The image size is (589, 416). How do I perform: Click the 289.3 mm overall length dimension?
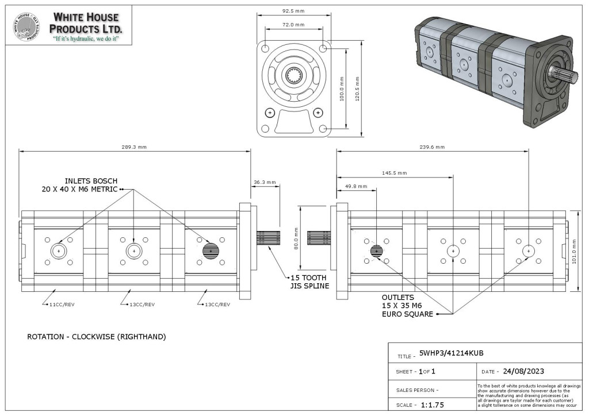tap(134, 147)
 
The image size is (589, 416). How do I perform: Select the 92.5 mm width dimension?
tap(293, 11)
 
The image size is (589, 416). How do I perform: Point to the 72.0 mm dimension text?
tap(293, 25)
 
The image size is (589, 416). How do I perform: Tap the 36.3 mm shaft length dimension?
tap(265, 182)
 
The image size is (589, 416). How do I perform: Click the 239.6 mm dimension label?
tap(432, 147)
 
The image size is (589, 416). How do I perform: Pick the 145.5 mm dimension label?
tap(395, 173)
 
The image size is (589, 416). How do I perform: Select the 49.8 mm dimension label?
tap(355, 186)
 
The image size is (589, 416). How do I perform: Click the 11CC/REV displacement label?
tap(62, 305)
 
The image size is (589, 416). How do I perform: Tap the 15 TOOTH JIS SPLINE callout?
tap(309, 282)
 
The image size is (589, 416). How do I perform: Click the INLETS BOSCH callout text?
tap(79, 185)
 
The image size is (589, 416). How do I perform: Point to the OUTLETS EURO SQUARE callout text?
tap(408, 306)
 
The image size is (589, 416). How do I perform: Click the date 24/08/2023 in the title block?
tap(523, 371)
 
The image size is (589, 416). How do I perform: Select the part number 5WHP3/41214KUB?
tap(451, 353)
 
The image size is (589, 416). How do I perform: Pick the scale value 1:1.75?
tap(433, 405)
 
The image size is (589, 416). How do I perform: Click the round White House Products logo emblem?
tap(27, 26)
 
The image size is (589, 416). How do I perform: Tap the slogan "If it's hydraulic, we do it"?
tap(86, 38)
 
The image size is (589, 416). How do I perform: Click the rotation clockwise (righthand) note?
tap(97, 337)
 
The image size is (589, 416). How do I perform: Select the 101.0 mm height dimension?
tap(575, 252)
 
